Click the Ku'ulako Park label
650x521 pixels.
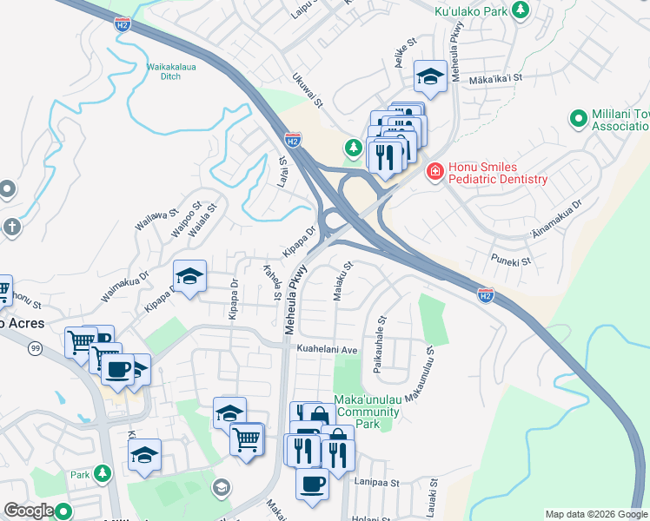(469, 11)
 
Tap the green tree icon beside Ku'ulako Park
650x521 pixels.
(520, 10)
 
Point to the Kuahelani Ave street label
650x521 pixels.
(328, 349)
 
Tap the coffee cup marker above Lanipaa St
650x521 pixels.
(312, 484)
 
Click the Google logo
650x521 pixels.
(30, 511)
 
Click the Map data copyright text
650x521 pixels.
(596, 514)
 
